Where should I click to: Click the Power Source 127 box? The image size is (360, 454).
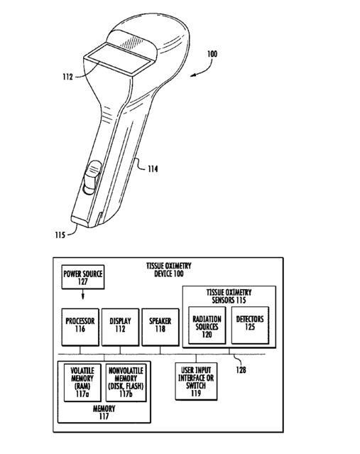83,277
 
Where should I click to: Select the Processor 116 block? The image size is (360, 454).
80,327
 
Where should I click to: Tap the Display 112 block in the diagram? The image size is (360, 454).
121,327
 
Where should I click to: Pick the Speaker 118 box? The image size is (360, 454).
160,327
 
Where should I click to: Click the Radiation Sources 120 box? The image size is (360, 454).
207,325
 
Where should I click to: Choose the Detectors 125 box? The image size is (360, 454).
250,325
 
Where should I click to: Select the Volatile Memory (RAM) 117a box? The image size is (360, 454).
82,382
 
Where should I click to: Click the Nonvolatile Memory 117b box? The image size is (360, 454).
126,382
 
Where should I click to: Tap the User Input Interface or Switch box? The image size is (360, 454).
196,382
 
